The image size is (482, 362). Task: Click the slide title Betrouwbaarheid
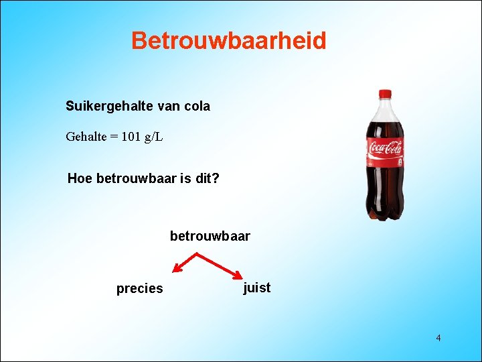coord(228,41)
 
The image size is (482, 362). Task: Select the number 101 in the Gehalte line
coord(133,137)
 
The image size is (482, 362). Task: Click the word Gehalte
coord(87,137)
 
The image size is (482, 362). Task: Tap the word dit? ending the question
coord(206,179)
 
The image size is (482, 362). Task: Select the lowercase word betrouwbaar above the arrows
coord(210,236)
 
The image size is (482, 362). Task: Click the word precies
coord(139,289)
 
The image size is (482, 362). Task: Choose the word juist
coord(257,288)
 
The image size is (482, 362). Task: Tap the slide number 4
coord(438,338)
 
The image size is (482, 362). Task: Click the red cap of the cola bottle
coord(385,95)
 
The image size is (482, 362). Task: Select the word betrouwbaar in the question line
coord(136,179)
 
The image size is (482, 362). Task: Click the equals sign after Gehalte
coord(114,137)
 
